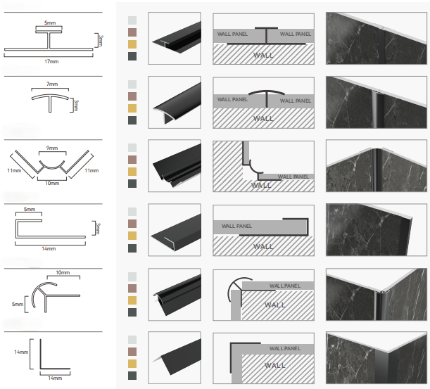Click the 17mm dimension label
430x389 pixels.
click(51, 60)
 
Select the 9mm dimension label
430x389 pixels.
click(51, 148)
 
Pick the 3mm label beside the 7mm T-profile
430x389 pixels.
click(75, 106)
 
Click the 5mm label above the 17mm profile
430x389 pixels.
click(51, 23)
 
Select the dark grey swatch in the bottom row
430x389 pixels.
click(132, 377)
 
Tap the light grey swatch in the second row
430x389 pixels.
click(132, 84)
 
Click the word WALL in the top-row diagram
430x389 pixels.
click(264, 53)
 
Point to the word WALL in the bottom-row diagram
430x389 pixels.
click(274, 365)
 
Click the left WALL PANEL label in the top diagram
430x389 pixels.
click(233, 34)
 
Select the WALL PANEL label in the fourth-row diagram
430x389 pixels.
click(239, 226)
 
